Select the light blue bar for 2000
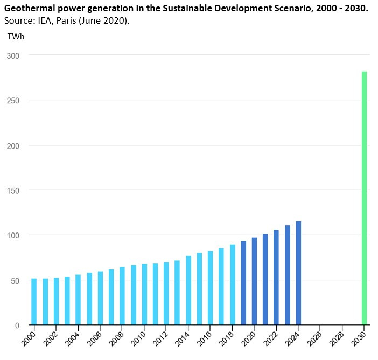(x=34, y=302)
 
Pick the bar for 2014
(x=188, y=291)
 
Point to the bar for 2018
(x=233, y=285)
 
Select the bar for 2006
(x=100, y=298)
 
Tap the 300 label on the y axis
(x=13, y=55)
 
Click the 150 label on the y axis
(x=13, y=190)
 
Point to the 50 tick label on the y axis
(x=16, y=280)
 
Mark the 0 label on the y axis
(x=18, y=326)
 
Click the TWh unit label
(x=16, y=36)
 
